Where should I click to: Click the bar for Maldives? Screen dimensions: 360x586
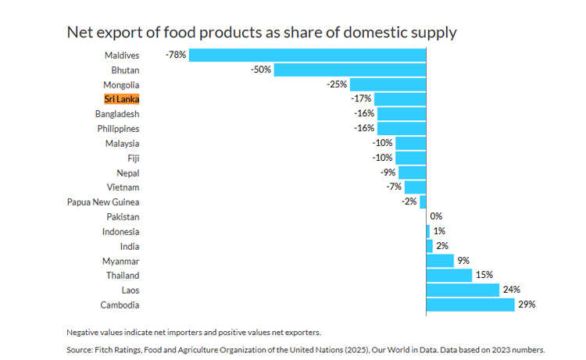[307, 55]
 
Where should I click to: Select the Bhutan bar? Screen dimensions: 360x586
[350, 70]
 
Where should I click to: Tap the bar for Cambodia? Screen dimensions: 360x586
[470, 305]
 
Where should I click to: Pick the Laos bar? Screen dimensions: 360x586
[463, 290]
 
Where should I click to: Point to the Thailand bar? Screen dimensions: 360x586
[449, 275]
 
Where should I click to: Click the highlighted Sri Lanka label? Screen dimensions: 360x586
[122, 99]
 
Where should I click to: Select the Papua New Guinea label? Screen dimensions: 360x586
[103, 202]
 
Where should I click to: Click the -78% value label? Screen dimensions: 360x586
[176, 55]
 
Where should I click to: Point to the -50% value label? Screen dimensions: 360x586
[261, 70]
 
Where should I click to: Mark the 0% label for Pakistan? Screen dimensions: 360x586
[436, 216]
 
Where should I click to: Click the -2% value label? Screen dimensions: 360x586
[409, 202]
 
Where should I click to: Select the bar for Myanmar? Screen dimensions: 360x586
[440, 261]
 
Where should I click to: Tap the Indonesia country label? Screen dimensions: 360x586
[120, 231]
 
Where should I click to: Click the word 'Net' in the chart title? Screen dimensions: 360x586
[80, 32]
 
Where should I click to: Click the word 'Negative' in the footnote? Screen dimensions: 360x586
[86, 332]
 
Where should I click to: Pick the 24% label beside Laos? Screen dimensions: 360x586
[511, 290]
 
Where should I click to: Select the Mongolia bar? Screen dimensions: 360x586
[388, 84]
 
